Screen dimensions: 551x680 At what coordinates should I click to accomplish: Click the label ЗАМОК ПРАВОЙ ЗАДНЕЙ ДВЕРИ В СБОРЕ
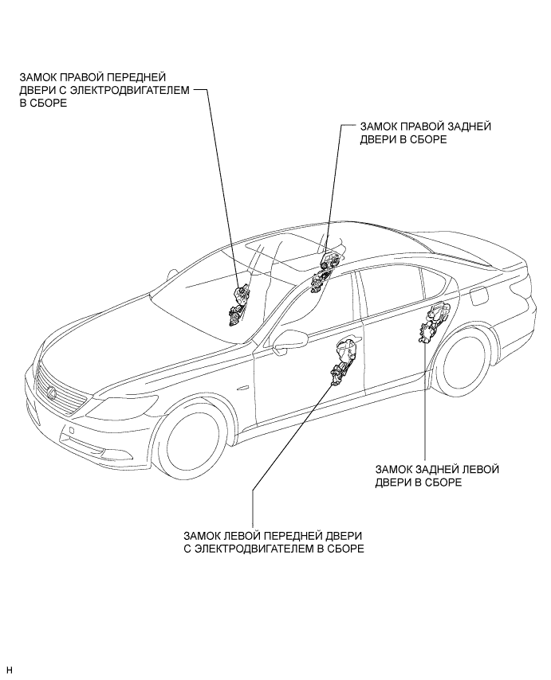(425, 132)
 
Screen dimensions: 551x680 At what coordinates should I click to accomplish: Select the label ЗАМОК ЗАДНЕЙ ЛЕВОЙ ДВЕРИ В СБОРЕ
(436, 476)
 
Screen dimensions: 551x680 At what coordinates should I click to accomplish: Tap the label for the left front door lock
(274, 542)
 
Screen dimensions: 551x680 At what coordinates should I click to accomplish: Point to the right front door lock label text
(104, 91)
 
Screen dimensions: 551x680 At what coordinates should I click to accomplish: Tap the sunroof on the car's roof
(286, 246)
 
